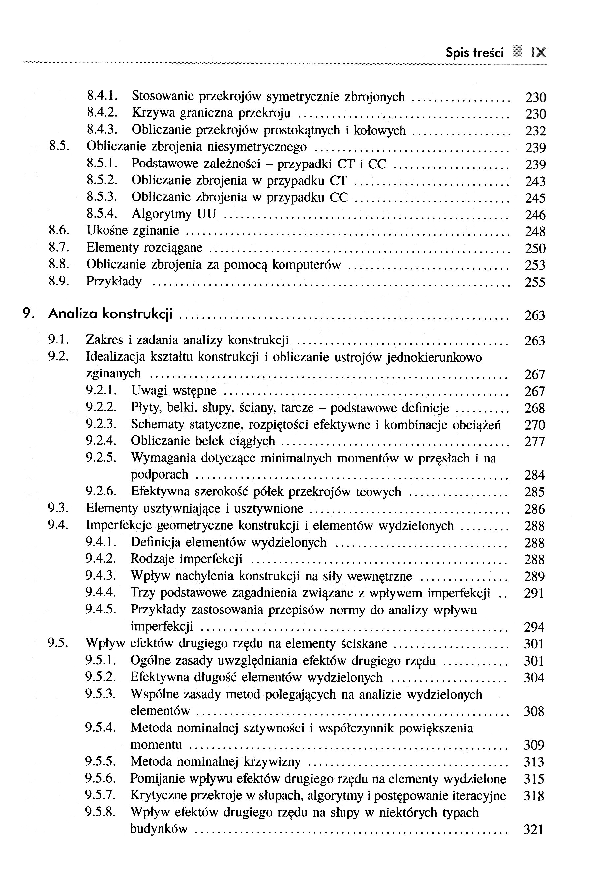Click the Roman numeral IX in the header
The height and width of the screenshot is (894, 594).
coord(538,52)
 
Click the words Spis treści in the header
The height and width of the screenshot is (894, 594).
coord(474,53)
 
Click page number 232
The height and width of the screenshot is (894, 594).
coord(535,131)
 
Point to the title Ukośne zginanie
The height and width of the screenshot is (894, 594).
coord(133,230)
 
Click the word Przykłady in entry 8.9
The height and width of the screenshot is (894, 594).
coord(114,281)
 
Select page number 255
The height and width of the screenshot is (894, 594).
coord(535,282)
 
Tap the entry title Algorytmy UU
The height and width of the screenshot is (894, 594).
coord(173,214)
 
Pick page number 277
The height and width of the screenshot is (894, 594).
coord(535,442)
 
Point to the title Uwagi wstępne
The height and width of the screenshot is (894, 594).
coord(173,390)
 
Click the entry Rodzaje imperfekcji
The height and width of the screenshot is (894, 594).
coord(186,559)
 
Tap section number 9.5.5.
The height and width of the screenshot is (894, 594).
coord(101,761)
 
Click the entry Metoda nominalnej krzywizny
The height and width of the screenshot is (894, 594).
coord(215,761)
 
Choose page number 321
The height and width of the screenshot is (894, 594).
coord(534,830)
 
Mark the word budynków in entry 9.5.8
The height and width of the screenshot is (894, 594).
coord(159,829)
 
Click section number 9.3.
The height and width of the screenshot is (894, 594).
coord(58,508)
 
